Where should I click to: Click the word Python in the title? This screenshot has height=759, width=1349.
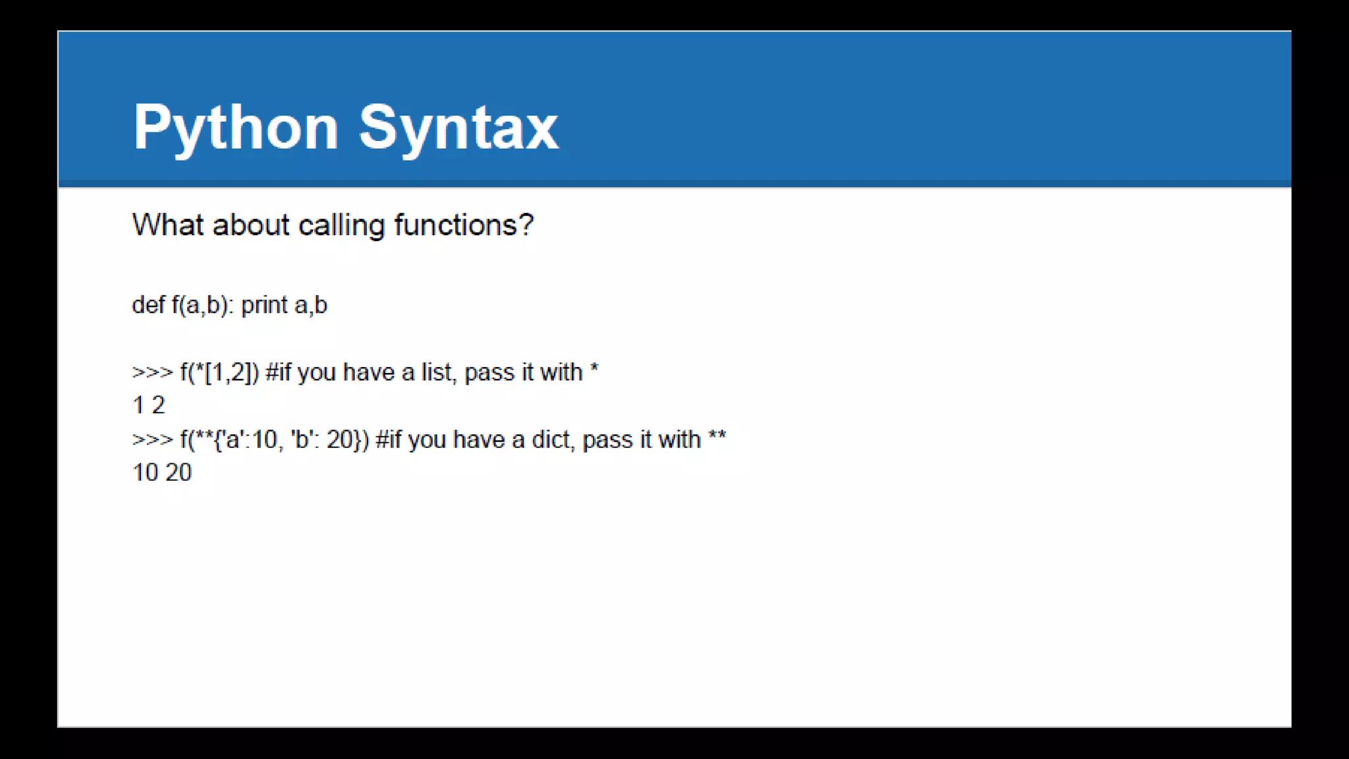[x=236, y=128]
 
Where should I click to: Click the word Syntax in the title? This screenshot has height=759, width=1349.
[x=458, y=128]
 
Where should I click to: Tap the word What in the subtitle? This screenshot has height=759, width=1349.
[x=168, y=225]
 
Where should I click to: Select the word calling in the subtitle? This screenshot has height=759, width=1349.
[x=341, y=226]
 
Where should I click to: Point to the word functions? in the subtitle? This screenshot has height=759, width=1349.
[x=464, y=225]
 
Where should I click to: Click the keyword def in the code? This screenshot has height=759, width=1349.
[x=148, y=305]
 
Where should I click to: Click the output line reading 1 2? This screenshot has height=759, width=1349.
[x=149, y=405]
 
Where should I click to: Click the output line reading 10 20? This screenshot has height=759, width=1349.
[x=162, y=472]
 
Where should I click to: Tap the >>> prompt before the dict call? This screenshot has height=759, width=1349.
[x=152, y=439]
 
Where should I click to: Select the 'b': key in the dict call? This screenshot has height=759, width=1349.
[x=305, y=439]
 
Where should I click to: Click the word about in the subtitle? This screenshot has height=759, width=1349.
[x=251, y=225]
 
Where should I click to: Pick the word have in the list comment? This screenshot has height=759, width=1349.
[x=368, y=372]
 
